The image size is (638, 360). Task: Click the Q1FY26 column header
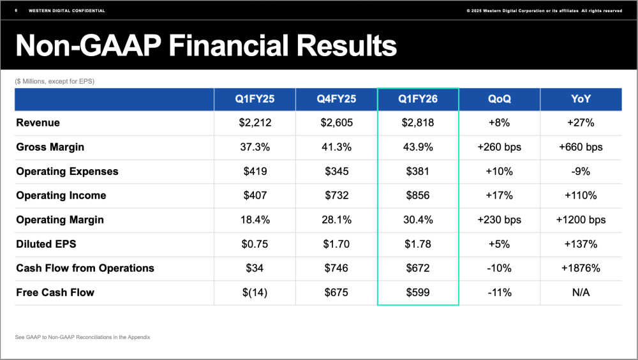coord(418,99)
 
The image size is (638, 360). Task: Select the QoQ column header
coord(499,99)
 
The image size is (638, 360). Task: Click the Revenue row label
coord(38,123)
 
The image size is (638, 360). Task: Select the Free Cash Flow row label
coord(55,292)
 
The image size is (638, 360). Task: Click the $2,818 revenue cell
coord(418,123)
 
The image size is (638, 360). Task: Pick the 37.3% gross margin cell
coord(254,147)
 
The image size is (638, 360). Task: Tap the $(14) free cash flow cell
coord(254,292)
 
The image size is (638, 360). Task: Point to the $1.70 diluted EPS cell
coord(336,244)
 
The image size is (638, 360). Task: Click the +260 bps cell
coord(499,147)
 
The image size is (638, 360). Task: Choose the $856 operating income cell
coord(418,195)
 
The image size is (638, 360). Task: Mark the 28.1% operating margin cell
coord(336,220)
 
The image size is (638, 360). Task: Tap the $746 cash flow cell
coord(336,268)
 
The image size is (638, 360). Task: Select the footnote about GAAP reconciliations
coord(82,337)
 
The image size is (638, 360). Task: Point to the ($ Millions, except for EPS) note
coord(55,81)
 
